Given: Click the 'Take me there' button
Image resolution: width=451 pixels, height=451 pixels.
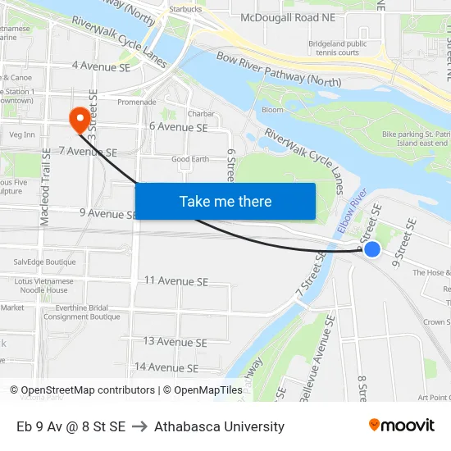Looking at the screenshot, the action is point(225,201).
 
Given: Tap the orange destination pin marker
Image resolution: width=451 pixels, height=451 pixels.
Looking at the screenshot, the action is point(80,120).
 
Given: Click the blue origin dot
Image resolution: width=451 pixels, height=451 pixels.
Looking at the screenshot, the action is point(371,248).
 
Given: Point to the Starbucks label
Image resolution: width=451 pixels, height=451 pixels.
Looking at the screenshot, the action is point(184,8).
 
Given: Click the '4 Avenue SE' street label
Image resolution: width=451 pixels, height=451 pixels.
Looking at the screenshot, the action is point(102,65).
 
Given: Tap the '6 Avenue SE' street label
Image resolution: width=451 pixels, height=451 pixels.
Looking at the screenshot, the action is point(178,127).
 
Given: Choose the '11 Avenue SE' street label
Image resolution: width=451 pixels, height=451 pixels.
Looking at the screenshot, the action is point(175,281).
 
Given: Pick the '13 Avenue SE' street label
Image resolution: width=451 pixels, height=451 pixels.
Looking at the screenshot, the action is point(175,341).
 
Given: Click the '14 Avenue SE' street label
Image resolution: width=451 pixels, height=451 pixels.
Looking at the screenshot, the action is point(166,367).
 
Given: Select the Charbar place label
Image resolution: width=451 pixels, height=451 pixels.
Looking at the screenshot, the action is point(201,114).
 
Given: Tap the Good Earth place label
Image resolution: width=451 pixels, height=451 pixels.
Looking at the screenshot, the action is point(190,159).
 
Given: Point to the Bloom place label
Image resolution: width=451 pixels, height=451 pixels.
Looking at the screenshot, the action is point(272,110).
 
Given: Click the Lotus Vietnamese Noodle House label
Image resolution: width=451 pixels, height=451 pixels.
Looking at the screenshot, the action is point(45,285).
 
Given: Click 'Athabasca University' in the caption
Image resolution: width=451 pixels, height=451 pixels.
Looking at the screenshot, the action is point(219,426).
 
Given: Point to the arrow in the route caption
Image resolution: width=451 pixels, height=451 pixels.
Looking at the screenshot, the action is point(139,426).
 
